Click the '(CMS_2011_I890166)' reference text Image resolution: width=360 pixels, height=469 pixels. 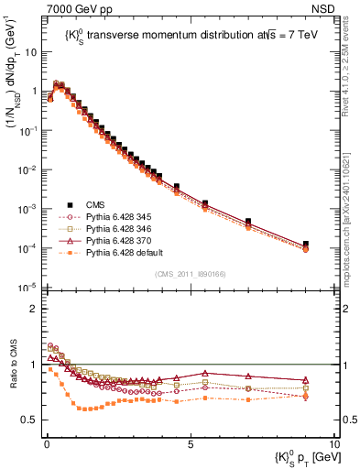click(189, 274)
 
